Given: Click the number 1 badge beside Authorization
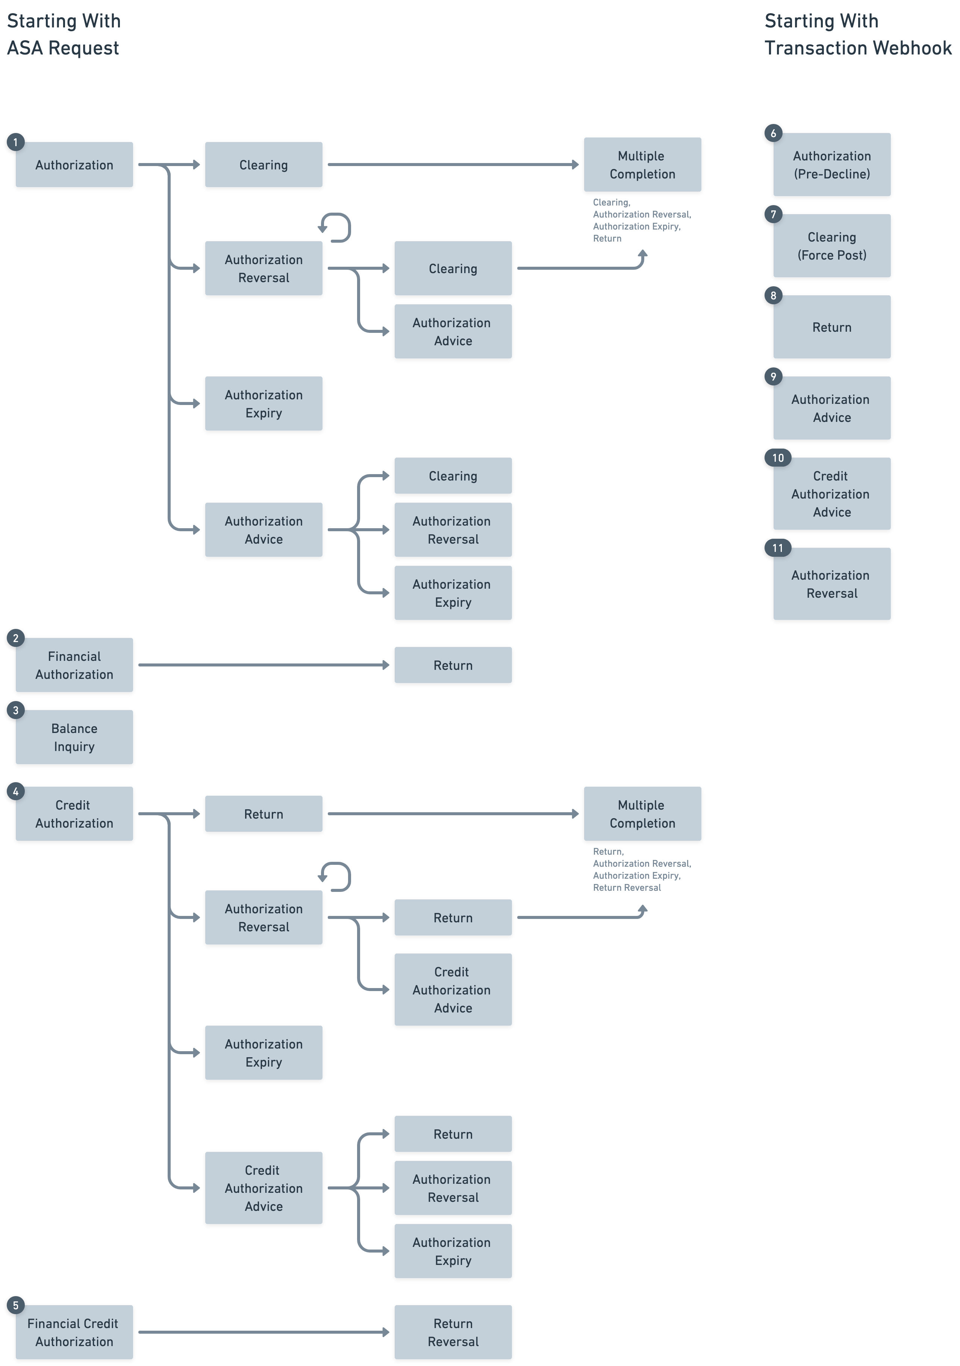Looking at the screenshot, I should [15, 142].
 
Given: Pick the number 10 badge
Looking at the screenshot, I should [777, 458].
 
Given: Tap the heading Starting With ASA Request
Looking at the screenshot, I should [64, 35].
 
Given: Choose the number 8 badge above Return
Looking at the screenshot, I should [773, 296].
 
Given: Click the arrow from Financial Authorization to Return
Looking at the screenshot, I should [262, 665].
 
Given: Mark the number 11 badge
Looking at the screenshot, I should [777, 548].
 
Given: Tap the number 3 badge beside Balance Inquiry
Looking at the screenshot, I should [15, 710].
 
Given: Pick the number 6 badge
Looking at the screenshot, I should [773, 133].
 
